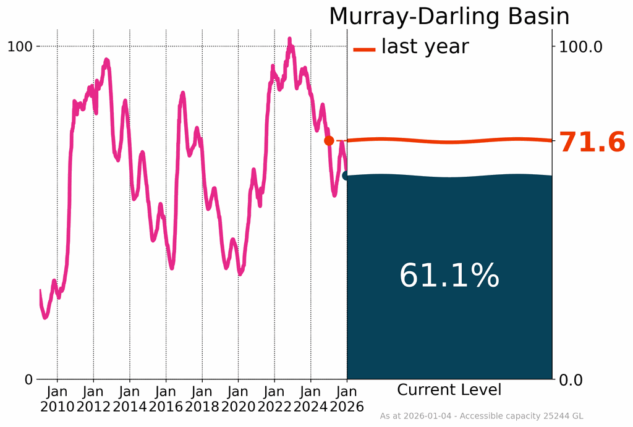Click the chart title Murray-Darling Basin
[x=449, y=17]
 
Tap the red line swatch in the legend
[x=364, y=49]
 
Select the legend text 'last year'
[x=425, y=46]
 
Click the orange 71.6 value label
[x=592, y=143]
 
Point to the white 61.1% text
[x=449, y=276]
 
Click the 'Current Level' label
[x=449, y=390]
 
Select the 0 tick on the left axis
[x=28, y=379]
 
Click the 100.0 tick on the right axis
[x=580, y=46]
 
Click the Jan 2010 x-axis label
[x=57, y=399]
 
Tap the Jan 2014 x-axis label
[x=130, y=399]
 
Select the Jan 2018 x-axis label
[x=202, y=399]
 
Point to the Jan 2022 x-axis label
[x=274, y=399]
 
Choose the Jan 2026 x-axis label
[x=347, y=399]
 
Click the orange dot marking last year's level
[x=329, y=141]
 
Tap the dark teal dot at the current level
[x=346, y=175]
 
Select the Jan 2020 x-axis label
[x=238, y=399]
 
